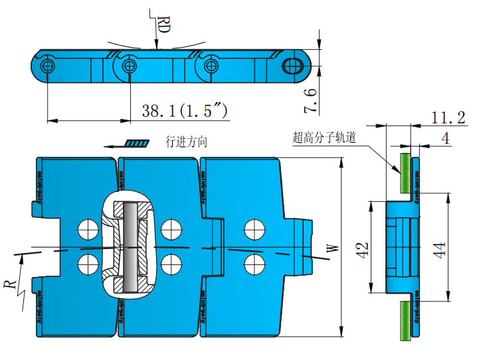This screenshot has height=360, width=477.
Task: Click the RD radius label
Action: [163, 26]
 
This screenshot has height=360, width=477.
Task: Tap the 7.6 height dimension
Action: [310, 98]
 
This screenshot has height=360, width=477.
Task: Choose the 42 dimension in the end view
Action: [362, 249]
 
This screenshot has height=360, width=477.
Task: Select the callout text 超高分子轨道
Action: [325, 138]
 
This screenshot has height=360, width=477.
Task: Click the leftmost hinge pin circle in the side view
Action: [47, 66]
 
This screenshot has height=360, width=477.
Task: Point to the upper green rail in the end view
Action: [403, 172]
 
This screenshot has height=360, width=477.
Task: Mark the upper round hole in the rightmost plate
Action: [253, 229]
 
